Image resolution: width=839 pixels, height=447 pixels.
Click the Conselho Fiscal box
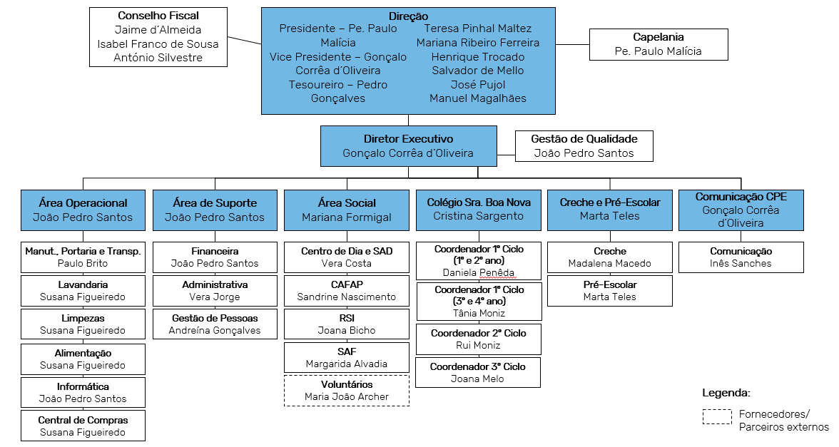click(158, 37)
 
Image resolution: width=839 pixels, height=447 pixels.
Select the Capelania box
click(659, 44)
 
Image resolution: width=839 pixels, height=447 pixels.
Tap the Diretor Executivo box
click(408, 146)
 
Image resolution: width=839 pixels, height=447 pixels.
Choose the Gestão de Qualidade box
click(584, 146)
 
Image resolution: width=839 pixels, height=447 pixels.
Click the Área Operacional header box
click(83, 210)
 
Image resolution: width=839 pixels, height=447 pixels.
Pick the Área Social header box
click(347, 210)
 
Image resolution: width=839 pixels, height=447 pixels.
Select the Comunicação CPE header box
click(741, 210)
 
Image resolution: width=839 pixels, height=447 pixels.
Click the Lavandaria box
click(83, 291)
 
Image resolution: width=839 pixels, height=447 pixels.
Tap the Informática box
click(83, 392)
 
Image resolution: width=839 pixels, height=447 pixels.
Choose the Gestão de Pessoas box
click(215, 324)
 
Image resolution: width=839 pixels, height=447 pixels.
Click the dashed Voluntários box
click(347, 391)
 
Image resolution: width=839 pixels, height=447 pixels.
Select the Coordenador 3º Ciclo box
click(478, 372)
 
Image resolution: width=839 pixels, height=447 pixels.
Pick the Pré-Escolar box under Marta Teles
click(610, 291)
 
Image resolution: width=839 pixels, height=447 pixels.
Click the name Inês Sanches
click(741, 264)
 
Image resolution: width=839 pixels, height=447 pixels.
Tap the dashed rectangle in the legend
click(717, 416)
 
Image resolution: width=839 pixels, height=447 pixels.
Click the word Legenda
click(726, 393)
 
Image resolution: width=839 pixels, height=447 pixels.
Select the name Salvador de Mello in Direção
click(478, 71)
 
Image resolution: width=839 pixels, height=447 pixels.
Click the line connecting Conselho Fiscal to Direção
click(245, 39)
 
